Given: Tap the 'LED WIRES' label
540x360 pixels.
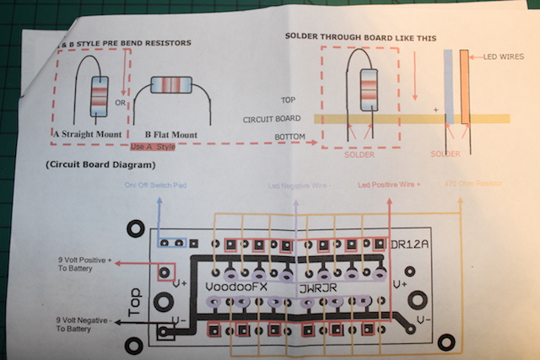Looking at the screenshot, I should point(502,57).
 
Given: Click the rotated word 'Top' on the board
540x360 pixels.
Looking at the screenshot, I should point(135,300).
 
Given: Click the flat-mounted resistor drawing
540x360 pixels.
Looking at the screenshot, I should point(170,85).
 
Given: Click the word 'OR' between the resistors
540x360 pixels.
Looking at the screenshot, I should point(120,104).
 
